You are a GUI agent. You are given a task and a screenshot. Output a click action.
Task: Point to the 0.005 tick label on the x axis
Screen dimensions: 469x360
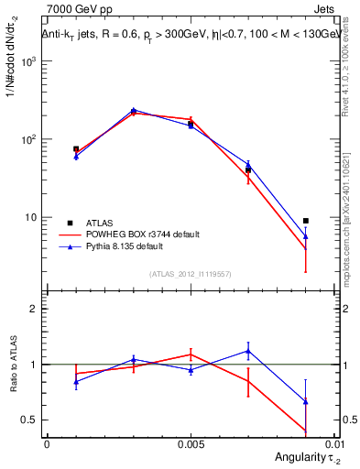191,442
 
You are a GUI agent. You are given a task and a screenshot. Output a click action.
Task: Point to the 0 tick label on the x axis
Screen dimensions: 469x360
47,442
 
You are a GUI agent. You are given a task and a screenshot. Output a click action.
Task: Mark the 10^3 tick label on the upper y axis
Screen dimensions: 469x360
30,61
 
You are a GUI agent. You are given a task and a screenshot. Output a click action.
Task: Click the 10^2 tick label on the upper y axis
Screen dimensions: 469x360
30,139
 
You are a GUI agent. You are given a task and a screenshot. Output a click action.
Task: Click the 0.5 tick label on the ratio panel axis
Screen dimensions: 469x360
32,420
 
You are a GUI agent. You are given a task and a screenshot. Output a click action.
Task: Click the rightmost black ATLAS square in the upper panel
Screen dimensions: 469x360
305,221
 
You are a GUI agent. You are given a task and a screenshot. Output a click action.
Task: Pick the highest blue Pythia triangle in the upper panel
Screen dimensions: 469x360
133,110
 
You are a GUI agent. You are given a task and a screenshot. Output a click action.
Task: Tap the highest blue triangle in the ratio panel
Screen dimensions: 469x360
248,351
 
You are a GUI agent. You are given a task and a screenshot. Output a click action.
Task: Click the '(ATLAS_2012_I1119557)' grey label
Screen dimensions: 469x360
190,274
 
